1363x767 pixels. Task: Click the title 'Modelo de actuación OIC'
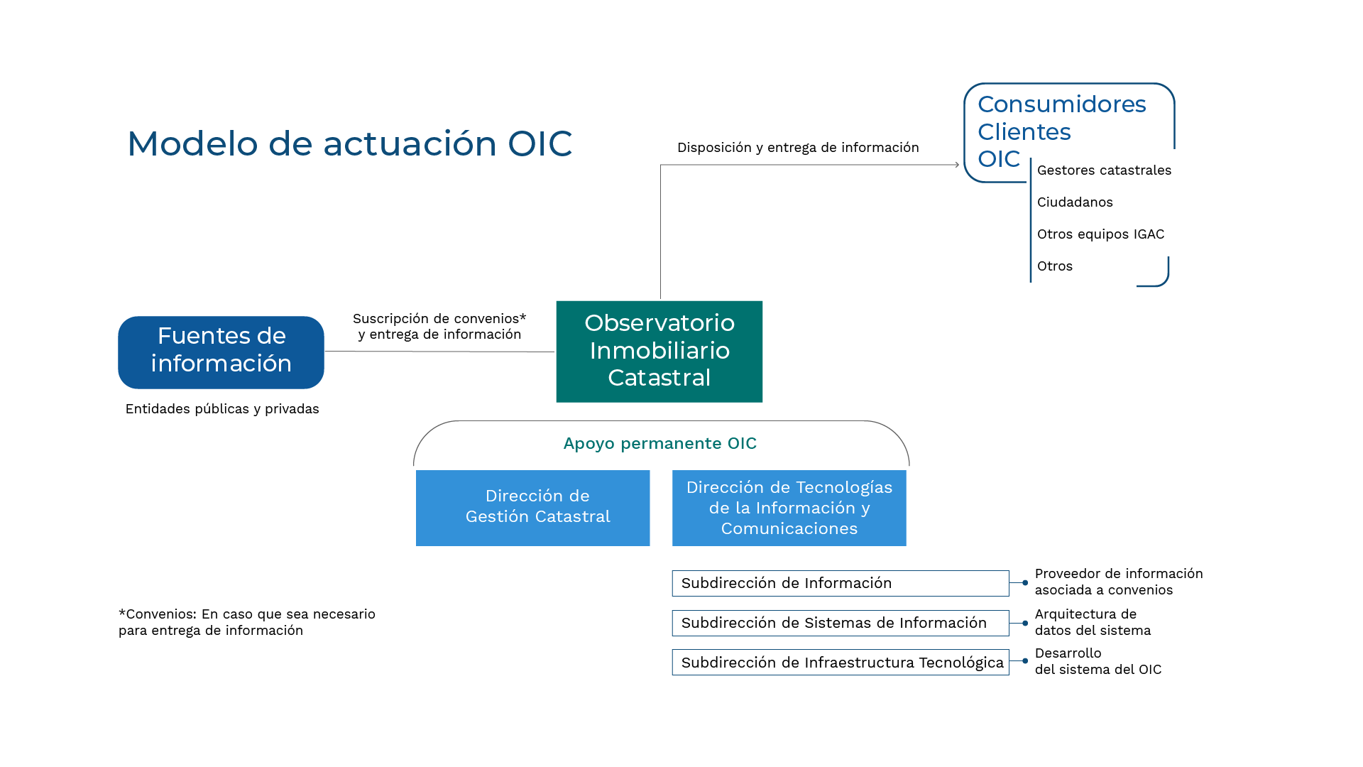coord(349,143)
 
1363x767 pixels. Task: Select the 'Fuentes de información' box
coord(221,352)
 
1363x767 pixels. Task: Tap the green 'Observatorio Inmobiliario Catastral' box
coord(659,352)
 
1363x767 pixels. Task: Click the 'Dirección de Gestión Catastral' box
coord(532,507)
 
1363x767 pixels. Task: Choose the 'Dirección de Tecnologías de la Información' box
coord(789,507)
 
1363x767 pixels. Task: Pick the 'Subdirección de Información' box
coord(840,583)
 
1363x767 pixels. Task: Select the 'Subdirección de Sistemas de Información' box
coord(840,623)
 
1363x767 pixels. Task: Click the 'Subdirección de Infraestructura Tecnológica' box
coord(840,663)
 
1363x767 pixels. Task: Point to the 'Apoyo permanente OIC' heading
coord(659,443)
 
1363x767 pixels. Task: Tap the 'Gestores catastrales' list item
coord(1104,170)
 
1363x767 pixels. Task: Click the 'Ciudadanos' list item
coord(1075,202)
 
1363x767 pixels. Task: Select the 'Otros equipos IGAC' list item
coord(1100,234)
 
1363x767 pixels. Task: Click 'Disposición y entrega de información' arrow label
coord(797,148)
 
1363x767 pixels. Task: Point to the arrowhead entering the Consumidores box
coord(956,165)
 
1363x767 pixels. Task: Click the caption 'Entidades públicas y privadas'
coord(222,409)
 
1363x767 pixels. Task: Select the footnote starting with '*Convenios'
coord(246,622)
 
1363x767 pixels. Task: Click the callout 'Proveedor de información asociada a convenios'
coord(1118,582)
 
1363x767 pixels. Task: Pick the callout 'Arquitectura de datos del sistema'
coord(1093,622)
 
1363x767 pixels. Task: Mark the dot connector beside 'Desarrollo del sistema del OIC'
coord(1025,661)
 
